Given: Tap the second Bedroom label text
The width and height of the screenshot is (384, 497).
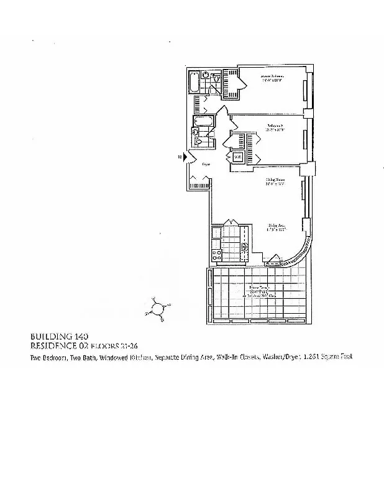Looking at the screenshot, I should point(275,125).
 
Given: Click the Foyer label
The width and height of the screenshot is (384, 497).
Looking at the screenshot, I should point(206,163).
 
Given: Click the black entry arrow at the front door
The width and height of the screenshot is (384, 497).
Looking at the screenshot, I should point(184,158).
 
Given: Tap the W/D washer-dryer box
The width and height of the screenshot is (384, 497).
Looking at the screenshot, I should point(237,157).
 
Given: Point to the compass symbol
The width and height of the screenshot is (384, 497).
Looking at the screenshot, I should point(158,308).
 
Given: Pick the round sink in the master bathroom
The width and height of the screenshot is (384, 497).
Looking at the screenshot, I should point(206,75).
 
